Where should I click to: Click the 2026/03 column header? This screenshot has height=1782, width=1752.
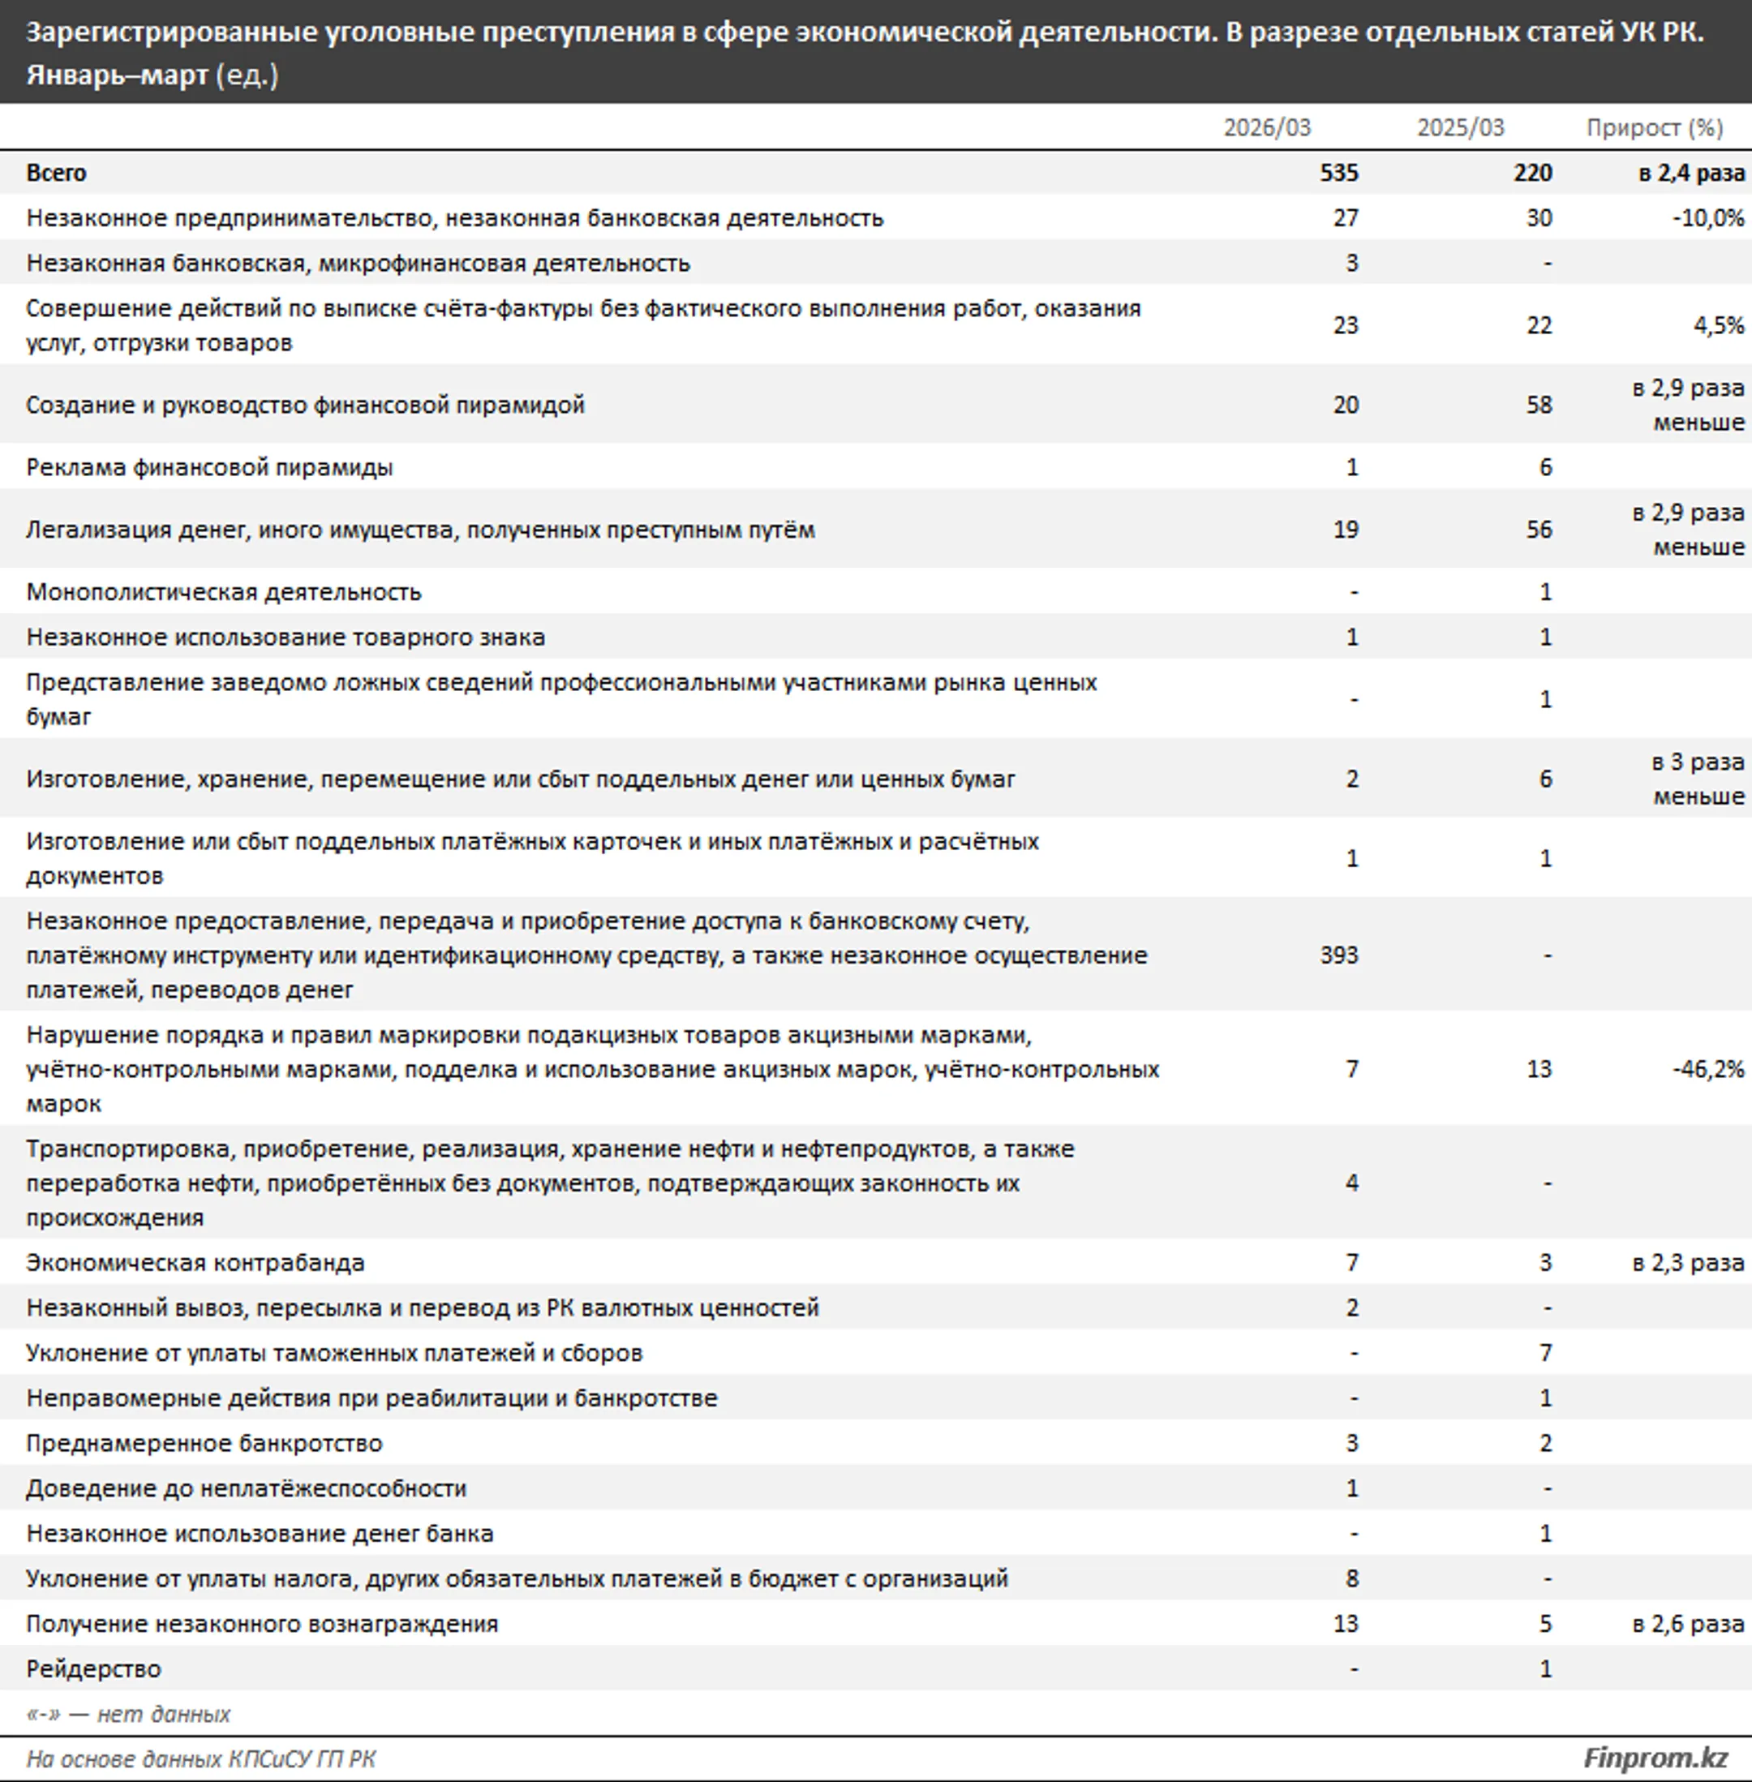(1266, 127)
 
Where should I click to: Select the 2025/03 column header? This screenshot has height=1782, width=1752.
(1460, 127)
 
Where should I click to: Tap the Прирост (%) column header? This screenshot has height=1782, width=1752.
(1654, 127)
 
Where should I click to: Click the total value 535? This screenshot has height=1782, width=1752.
(1339, 173)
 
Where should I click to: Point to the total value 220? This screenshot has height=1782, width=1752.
(1532, 173)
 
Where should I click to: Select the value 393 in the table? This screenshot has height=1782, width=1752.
(1339, 955)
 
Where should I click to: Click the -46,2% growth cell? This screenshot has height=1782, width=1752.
(1708, 1069)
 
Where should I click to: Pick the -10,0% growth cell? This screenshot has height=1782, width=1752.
(1708, 218)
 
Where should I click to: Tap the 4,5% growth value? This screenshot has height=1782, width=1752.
(1718, 326)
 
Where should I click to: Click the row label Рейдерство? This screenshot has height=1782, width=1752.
(94, 1668)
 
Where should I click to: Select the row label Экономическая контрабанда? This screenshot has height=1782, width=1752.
(195, 1262)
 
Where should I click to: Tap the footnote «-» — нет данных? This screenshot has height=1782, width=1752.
(129, 1714)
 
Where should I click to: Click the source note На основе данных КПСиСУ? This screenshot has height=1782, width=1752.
(200, 1759)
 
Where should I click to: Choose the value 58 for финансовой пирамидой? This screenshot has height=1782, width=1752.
(1539, 405)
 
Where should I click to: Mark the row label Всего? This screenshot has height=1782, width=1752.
(56, 173)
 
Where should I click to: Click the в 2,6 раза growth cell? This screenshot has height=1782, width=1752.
(1688, 1624)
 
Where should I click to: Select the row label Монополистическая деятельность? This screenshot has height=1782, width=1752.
(224, 591)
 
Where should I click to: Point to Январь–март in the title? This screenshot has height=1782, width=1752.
(117, 75)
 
